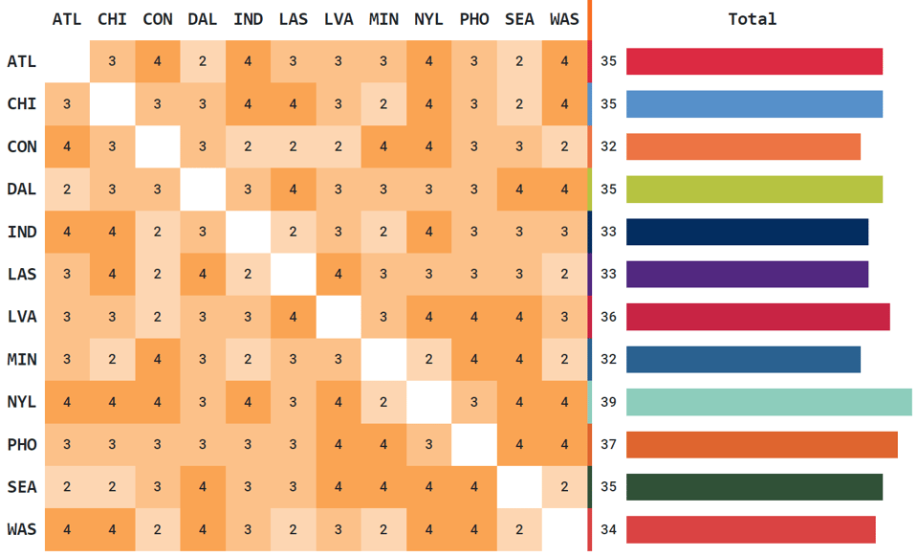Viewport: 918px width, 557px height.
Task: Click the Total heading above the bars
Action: coord(752,19)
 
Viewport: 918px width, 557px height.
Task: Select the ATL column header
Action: coord(67,19)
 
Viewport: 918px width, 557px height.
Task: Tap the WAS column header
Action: coord(565,19)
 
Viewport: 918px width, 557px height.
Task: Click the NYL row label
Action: coord(21,402)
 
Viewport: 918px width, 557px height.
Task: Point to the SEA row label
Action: coord(21,487)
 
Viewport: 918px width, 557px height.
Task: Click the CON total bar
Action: coord(743,146)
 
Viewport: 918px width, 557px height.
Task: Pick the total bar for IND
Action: coord(747,232)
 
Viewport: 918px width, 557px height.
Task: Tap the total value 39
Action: coord(608,402)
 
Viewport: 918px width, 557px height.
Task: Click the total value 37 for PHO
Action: coord(608,444)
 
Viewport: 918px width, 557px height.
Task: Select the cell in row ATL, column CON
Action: coord(158,62)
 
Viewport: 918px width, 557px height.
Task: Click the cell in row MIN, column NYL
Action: coord(429,360)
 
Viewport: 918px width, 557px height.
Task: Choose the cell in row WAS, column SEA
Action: coord(519,529)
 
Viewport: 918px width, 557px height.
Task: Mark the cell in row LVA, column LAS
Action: coord(294,317)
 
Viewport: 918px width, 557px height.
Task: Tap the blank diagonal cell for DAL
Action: coord(203,189)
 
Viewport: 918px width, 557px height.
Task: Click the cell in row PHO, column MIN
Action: coord(384,444)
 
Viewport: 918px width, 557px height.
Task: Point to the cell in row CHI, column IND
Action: coord(248,104)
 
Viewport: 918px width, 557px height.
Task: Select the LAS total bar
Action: coord(747,275)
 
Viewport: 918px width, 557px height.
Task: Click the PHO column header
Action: coord(474,19)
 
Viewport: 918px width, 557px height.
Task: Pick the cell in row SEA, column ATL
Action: coord(67,487)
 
